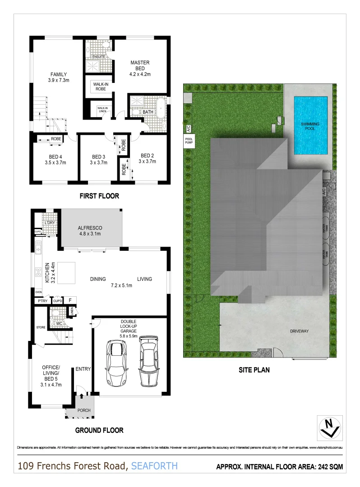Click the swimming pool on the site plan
point(311,125)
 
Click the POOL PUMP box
point(189,141)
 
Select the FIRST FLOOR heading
point(99,196)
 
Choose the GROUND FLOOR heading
point(99,430)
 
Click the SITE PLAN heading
point(254,370)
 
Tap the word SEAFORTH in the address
point(155,466)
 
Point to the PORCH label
point(84,410)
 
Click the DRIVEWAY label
point(299,331)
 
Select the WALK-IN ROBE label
point(99,87)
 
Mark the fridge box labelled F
point(70,300)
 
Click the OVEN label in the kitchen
point(38,292)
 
